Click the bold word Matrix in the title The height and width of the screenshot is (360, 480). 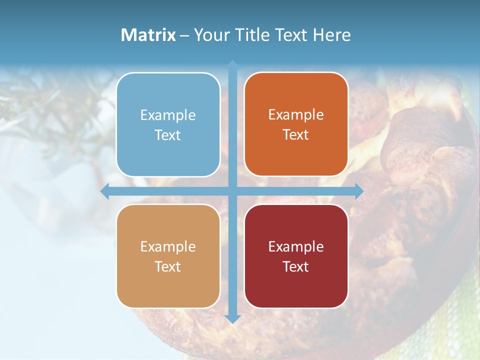pyautogui.click(x=148, y=35)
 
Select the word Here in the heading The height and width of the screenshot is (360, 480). pyautogui.click(x=331, y=35)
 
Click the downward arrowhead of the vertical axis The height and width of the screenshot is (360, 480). pyautogui.click(x=232, y=319)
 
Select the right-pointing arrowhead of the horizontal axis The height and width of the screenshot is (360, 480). pyautogui.click(x=359, y=191)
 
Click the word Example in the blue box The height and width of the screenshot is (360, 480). pyautogui.click(x=168, y=115)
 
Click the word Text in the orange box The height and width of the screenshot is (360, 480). pyautogui.click(x=296, y=135)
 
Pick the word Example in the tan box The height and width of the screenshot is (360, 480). pyautogui.click(x=168, y=246)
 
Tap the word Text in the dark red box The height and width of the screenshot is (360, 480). pyautogui.click(x=296, y=266)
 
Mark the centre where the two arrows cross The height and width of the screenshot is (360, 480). pyautogui.click(x=232, y=191)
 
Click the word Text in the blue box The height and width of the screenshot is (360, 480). pyautogui.click(x=168, y=135)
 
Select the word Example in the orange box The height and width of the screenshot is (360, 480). pyautogui.click(x=296, y=115)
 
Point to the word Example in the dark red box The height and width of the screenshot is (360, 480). pyautogui.click(x=296, y=246)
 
